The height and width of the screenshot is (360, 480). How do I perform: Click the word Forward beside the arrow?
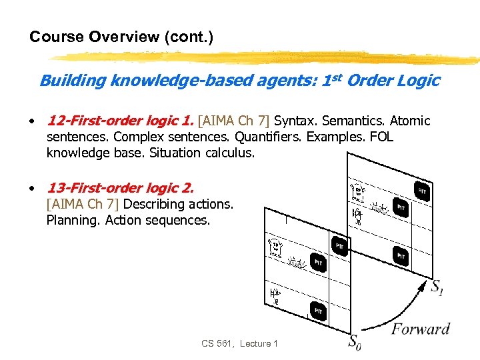(420, 329)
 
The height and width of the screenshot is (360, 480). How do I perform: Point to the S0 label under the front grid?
(355, 343)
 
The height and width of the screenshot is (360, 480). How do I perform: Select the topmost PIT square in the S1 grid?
(421, 191)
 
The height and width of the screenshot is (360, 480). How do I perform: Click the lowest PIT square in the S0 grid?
(319, 311)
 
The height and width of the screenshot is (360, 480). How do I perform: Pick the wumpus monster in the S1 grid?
(357, 191)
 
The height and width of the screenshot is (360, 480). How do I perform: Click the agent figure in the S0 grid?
(275, 295)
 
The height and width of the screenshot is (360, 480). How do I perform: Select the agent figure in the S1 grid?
(358, 215)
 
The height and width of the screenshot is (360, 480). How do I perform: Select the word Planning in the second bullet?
(73, 219)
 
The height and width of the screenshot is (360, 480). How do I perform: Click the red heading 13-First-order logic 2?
(120, 188)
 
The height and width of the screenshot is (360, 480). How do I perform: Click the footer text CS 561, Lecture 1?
(239, 343)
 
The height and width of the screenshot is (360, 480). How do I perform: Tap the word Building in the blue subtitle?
(73, 81)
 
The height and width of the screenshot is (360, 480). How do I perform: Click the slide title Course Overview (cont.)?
(121, 37)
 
